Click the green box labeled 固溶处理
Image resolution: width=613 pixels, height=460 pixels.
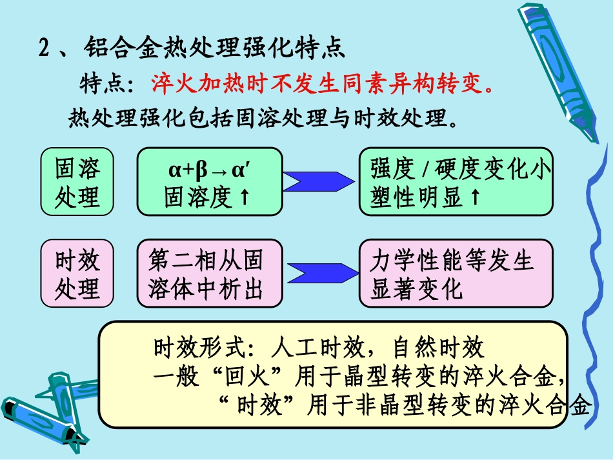[x=77, y=181]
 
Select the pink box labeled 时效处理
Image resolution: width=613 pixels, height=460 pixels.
[x=77, y=273]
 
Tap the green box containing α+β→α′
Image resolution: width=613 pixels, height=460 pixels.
[x=209, y=181]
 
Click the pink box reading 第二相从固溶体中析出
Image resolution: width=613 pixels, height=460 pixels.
[x=209, y=273]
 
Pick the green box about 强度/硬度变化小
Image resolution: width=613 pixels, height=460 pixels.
[x=456, y=181]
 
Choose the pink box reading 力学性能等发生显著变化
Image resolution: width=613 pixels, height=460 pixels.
[x=456, y=273]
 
